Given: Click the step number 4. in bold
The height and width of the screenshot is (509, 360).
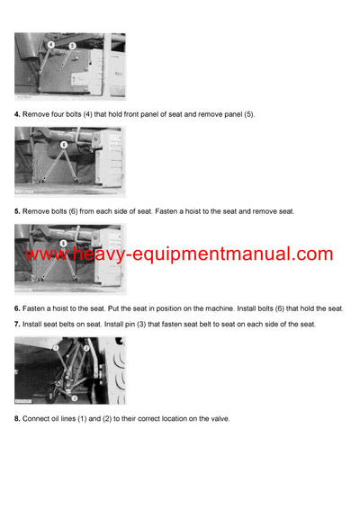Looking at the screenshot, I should click(x=17, y=114).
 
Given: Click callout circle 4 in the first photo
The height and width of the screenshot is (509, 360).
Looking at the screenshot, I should click(x=50, y=44).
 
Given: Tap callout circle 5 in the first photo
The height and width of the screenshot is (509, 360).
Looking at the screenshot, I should click(x=72, y=44).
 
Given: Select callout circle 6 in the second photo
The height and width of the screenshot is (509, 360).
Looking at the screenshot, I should click(x=63, y=144).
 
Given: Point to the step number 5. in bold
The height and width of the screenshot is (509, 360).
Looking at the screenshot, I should click(x=17, y=211).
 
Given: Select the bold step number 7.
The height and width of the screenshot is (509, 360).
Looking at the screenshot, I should click(x=17, y=323).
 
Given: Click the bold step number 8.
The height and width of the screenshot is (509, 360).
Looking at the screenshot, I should click(x=17, y=418).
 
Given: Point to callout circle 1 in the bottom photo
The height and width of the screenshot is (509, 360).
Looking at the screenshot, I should click(x=55, y=346).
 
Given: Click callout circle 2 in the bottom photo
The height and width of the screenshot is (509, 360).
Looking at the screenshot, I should click(x=85, y=347).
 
